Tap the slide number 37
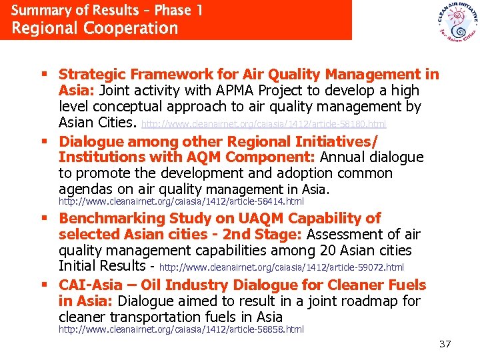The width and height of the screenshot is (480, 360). click(x=445, y=345)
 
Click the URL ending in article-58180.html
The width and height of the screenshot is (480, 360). click(x=263, y=124)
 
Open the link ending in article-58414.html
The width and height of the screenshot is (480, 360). click(x=181, y=201)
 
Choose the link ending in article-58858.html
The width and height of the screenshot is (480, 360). click(x=181, y=329)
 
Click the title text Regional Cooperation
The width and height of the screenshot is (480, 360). click(x=95, y=29)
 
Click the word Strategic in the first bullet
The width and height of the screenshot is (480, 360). click(x=90, y=75)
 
